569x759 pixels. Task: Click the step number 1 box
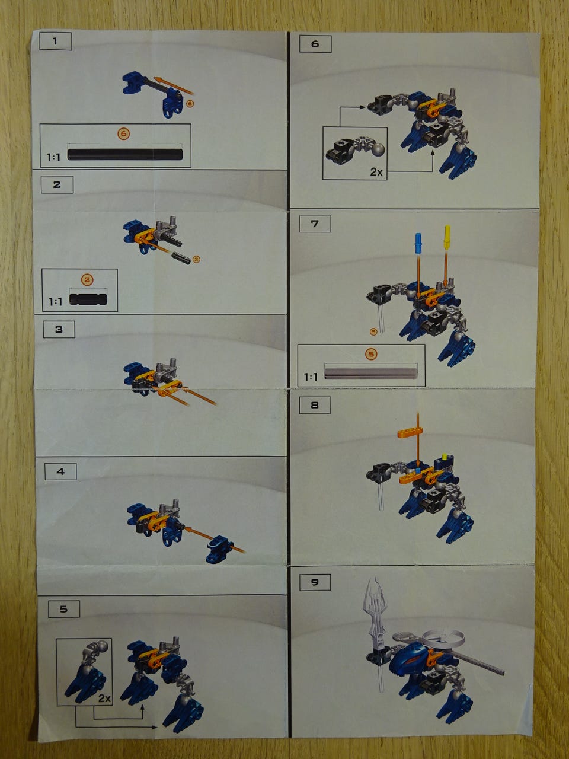[x=55, y=41]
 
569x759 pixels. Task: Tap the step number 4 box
[x=60, y=471]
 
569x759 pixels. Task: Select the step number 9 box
[x=315, y=582]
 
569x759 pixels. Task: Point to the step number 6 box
[x=315, y=44]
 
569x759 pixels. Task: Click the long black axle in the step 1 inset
[x=124, y=154]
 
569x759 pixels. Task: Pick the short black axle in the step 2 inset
[x=88, y=299]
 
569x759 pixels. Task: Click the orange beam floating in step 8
[x=410, y=432]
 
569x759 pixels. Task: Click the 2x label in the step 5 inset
[x=104, y=698]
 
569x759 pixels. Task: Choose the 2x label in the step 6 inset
[x=376, y=172]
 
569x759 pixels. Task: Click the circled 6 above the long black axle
[x=124, y=133]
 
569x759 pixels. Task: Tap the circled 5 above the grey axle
[x=371, y=354]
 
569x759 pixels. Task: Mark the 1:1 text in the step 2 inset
[x=55, y=302]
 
